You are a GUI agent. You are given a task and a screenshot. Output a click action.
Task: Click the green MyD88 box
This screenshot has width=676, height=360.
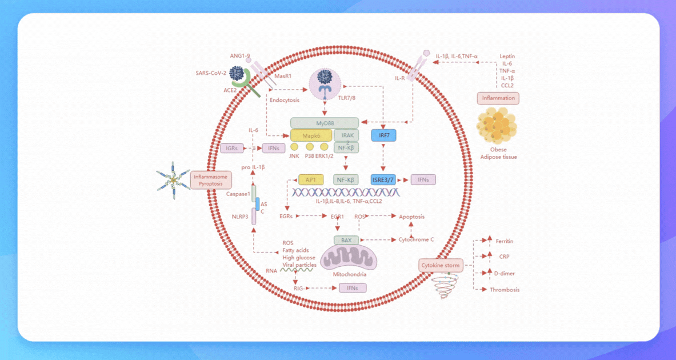pos(325,123)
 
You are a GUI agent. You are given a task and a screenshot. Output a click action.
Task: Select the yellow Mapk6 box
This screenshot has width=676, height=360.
pos(311,135)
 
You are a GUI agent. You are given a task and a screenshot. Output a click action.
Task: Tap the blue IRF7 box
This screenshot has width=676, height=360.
pos(383,135)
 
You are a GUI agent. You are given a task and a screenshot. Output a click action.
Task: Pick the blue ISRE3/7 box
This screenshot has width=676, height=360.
pos(383,179)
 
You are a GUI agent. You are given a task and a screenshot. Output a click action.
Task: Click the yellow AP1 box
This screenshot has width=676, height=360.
pos(311,179)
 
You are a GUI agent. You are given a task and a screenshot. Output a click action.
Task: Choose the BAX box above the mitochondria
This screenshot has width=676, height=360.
pos(346,240)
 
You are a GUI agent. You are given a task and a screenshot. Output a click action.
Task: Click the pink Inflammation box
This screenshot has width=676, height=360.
pos(498,98)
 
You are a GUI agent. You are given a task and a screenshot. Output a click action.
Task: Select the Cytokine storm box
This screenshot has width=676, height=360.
pos(441,266)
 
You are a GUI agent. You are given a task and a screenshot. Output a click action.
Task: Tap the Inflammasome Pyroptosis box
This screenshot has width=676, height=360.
pos(211,180)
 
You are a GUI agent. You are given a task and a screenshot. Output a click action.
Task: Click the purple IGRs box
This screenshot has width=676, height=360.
pos(231,148)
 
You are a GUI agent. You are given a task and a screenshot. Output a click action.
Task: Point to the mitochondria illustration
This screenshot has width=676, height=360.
pos(349,258)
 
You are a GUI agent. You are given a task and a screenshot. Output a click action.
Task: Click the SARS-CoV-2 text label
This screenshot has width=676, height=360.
pos(211,73)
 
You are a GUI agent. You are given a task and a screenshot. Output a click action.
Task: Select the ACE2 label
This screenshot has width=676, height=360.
pos(230,90)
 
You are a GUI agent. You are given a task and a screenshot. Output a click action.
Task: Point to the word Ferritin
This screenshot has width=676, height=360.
pos(504,241)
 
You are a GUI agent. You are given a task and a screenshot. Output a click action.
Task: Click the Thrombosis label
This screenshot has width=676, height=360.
pos(505,290)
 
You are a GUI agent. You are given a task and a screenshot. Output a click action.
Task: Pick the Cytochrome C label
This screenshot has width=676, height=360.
pos(416,239)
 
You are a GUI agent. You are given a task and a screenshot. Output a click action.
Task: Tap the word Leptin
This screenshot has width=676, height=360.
pos(507,57)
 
